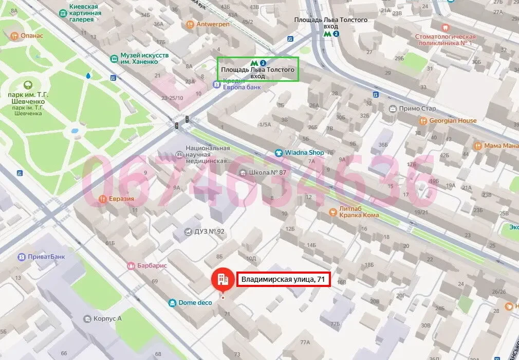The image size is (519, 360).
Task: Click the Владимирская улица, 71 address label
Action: click(x=283, y=280)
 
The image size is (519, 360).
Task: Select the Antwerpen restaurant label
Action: click(x=212, y=24)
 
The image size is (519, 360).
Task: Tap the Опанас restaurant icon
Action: click(x=14, y=35)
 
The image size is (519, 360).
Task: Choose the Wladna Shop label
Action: click(x=305, y=153)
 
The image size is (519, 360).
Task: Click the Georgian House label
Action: click(x=453, y=121)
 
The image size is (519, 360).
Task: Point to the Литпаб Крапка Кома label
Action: click(x=359, y=212)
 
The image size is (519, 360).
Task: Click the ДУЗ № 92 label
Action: click(x=209, y=231)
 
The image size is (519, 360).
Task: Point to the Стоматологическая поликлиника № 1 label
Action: click(x=446, y=40)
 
